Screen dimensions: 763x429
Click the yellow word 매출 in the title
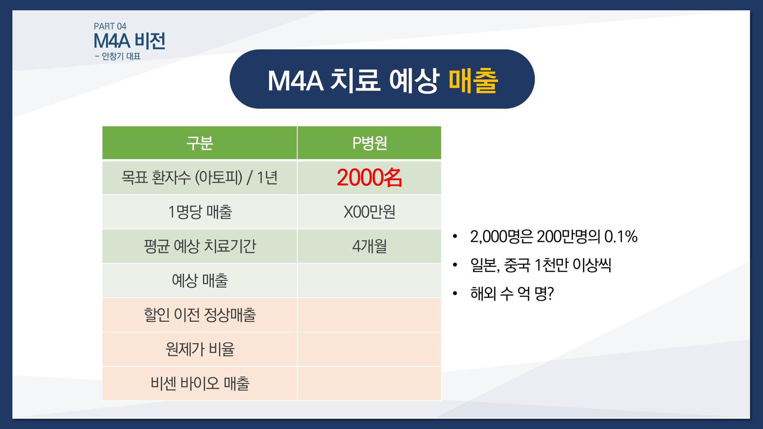click(x=473, y=80)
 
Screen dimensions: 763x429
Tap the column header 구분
click(x=199, y=143)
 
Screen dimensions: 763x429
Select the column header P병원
click(x=369, y=143)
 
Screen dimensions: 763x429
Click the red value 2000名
click(x=369, y=178)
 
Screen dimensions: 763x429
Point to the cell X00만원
click(x=369, y=212)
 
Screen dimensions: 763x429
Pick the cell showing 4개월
click(x=369, y=246)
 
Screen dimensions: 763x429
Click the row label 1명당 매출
click(x=199, y=212)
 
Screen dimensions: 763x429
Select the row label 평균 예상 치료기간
click(x=199, y=246)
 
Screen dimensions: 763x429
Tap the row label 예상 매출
click(x=199, y=280)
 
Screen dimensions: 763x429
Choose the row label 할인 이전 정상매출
click(x=199, y=315)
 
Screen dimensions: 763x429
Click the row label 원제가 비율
click(x=199, y=349)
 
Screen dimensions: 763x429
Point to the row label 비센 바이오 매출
click(x=199, y=384)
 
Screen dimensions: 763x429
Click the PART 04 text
click(x=110, y=26)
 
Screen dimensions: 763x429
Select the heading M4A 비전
click(x=129, y=41)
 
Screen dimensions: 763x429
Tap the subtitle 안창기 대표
click(x=121, y=56)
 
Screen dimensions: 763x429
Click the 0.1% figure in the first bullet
click(x=621, y=236)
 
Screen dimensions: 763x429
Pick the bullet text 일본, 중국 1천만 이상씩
click(x=540, y=265)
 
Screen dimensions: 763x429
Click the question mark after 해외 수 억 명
click(x=550, y=294)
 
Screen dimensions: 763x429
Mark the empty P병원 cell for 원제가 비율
click(x=369, y=349)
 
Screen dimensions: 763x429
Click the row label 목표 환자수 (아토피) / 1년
click(x=199, y=178)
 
